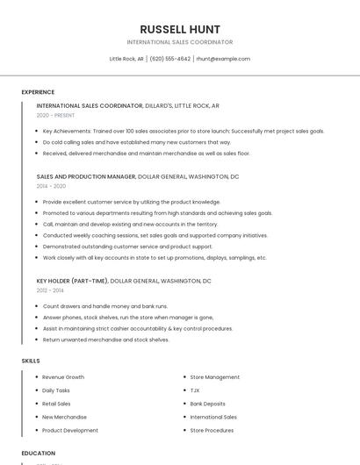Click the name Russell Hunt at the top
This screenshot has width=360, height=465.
pyautogui.click(x=180, y=29)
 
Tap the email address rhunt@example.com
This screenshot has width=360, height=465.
pyautogui.click(x=223, y=59)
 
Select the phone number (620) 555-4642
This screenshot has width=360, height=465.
pyautogui.click(x=169, y=59)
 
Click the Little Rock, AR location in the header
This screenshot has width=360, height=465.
pyautogui.click(x=126, y=59)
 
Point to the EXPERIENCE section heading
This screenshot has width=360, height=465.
pyautogui.click(x=38, y=92)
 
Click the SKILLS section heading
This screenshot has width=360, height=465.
pyautogui.click(x=30, y=361)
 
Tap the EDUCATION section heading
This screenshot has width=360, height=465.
pyautogui.click(x=38, y=453)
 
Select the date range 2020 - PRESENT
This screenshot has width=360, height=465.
pyautogui.click(x=54, y=115)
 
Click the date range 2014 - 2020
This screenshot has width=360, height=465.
pyautogui.click(x=51, y=186)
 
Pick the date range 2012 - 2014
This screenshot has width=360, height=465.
pyautogui.click(x=50, y=290)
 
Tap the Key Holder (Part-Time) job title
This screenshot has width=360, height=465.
pyautogui.click(x=72, y=281)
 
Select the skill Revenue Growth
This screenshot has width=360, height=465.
pyautogui.click(x=63, y=377)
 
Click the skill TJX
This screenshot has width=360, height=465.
pyautogui.click(x=195, y=390)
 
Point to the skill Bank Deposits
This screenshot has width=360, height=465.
pyautogui.click(x=207, y=404)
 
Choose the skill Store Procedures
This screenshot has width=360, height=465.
pyautogui.click(x=212, y=430)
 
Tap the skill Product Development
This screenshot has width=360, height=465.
pyautogui.click(x=70, y=430)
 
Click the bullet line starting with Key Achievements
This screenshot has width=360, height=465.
pyautogui.click(x=183, y=131)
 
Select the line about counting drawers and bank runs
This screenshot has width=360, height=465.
pyautogui.click(x=104, y=306)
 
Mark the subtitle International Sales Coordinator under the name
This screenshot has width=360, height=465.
pyautogui.click(x=180, y=42)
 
